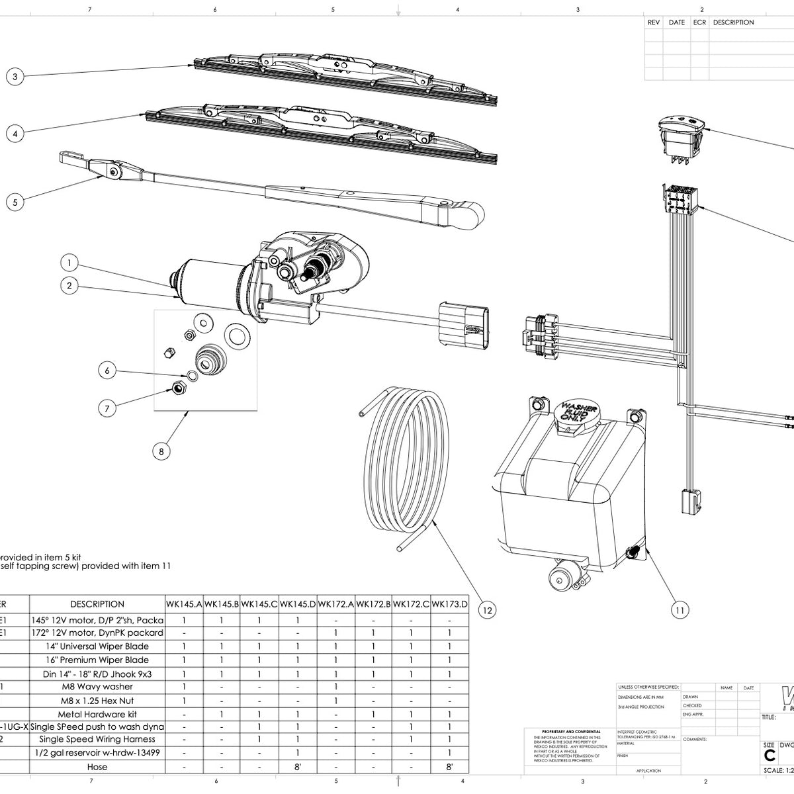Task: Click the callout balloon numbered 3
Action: point(15,77)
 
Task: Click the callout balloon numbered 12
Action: point(486,610)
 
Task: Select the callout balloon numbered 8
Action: point(161,451)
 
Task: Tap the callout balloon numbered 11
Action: point(680,610)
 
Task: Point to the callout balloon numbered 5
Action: point(15,202)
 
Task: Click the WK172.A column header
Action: point(335,603)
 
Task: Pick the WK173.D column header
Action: point(450,603)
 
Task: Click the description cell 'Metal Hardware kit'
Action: point(97,715)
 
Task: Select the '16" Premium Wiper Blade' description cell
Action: point(97,660)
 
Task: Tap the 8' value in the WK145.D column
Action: point(298,767)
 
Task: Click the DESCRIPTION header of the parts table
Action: point(97,603)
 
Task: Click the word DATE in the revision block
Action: point(676,22)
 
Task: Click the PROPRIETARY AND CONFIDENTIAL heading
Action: point(563,732)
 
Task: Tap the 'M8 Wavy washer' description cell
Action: point(97,687)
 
